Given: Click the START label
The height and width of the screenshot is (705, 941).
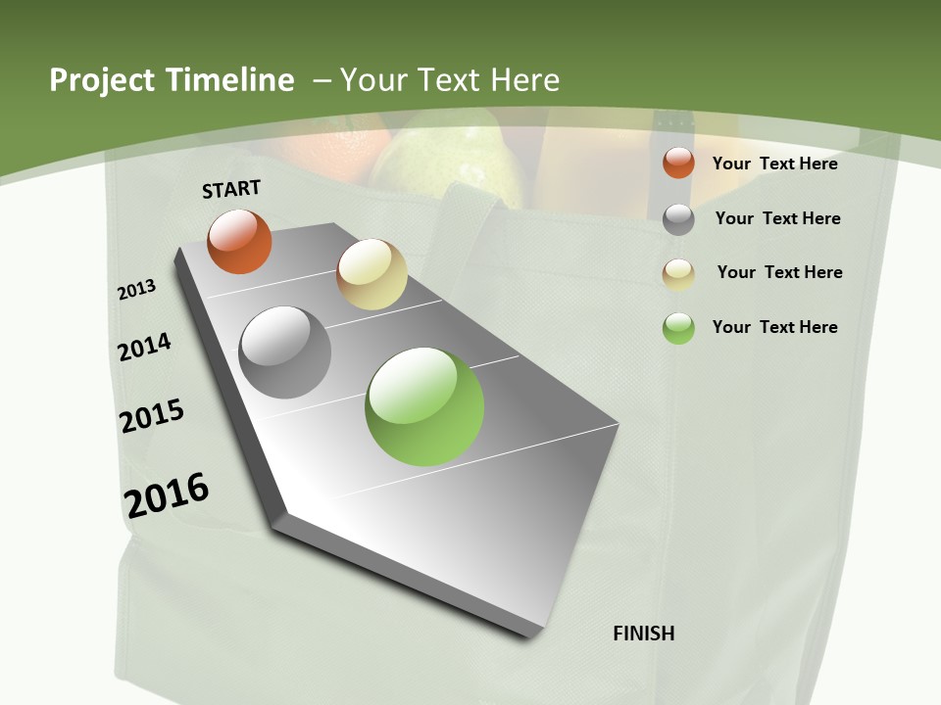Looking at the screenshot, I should [x=231, y=189].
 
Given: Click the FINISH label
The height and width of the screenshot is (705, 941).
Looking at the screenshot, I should [x=644, y=634].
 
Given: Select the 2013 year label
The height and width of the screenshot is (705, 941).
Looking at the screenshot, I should [x=137, y=290].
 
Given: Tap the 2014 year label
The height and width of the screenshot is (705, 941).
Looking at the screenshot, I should [x=145, y=347].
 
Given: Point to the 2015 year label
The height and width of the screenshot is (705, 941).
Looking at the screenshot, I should [x=152, y=416].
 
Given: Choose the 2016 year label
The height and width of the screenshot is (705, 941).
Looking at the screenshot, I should [x=167, y=494].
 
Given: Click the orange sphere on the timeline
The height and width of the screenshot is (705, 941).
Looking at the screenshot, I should [x=239, y=242].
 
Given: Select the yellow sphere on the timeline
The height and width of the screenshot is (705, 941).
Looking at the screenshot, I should [x=371, y=274].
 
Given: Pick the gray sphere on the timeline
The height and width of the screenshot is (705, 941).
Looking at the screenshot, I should [x=285, y=352].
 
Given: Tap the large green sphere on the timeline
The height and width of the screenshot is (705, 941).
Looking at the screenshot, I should [x=424, y=406].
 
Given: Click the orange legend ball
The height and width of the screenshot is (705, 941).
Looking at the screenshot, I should [x=678, y=163].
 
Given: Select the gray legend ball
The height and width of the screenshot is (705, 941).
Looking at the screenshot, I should [x=678, y=219].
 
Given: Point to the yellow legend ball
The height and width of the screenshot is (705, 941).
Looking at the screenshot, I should [x=678, y=274].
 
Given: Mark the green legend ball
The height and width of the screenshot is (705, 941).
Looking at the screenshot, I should [x=678, y=328].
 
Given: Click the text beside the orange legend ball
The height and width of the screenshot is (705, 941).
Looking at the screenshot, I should [x=775, y=164].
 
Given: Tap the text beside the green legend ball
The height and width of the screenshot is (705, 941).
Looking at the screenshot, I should [x=775, y=327].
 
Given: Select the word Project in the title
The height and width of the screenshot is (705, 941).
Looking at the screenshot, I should [x=101, y=80].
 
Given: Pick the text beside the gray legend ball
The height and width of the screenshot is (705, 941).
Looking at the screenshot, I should [x=778, y=218].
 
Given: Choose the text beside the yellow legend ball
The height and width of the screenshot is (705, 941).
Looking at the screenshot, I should [x=780, y=272].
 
